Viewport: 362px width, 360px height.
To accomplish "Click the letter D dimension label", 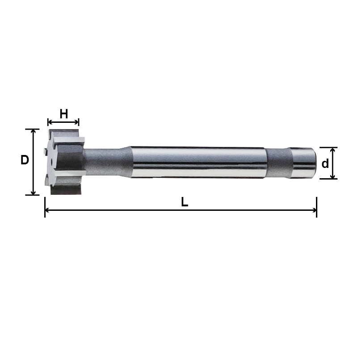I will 25,160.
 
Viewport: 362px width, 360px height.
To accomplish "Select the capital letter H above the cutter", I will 64,114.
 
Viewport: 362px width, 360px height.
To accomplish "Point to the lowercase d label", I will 325,163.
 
